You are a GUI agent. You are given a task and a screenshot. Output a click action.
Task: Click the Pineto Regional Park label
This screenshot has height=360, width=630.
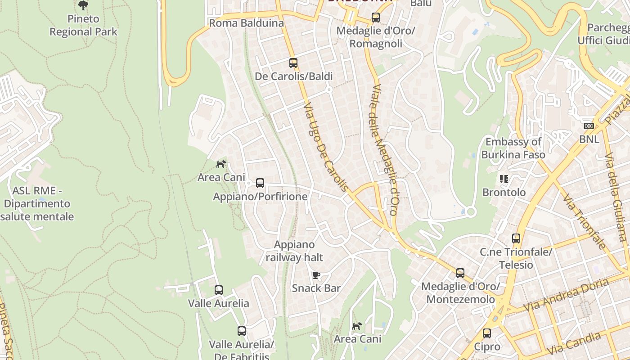[x=83, y=25]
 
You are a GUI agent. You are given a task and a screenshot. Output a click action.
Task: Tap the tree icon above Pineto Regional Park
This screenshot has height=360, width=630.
[x=83, y=5]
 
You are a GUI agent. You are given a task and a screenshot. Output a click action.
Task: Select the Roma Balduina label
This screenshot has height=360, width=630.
[x=247, y=23]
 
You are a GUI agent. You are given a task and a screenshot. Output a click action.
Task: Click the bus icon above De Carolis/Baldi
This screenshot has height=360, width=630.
[x=293, y=63]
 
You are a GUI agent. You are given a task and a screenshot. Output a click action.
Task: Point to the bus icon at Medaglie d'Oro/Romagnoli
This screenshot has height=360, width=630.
[x=376, y=18]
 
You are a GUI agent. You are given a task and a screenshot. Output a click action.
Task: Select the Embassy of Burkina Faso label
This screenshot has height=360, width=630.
[x=513, y=148]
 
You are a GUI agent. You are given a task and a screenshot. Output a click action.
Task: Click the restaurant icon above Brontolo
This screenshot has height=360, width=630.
[x=504, y=179]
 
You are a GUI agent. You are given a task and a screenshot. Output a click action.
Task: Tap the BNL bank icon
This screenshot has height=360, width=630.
[x=589, y=126]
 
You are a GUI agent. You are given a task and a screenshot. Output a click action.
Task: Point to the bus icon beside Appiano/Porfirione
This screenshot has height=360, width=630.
[x=260, y=183]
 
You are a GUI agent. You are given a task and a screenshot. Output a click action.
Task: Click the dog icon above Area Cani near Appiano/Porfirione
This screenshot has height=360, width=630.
[x=221, y=164]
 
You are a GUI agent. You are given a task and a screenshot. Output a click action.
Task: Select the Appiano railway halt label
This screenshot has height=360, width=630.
[x=294, y=251]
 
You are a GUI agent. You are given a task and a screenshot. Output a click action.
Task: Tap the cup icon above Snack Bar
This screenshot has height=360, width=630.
[x=316, y=275]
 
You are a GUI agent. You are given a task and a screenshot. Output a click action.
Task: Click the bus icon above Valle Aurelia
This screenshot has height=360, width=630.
[x=219, y=290]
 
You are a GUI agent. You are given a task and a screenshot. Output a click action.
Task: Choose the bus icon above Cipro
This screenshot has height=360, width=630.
[x=487, y=333]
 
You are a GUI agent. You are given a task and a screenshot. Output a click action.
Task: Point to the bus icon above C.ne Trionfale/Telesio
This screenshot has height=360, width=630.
[x=516, y=238]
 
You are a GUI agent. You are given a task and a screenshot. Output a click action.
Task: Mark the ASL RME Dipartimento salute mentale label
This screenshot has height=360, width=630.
[x=37, y=203]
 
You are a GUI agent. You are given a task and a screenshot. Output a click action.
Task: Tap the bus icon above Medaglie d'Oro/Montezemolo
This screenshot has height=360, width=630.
[x=460, y=273]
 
